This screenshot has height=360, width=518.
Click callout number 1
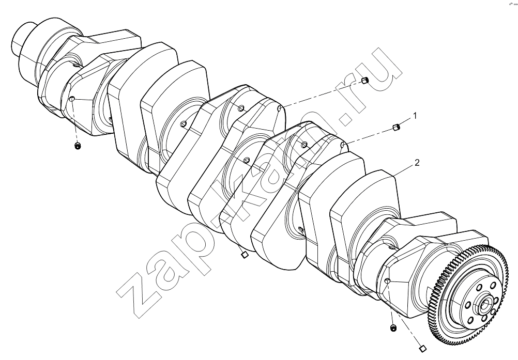click(x=415, y=116)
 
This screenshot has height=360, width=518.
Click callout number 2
click(x=417, y=163)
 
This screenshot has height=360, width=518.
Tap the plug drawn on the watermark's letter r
click(x=364, y=80)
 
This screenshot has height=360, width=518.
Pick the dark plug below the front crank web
click(x=78, y=146)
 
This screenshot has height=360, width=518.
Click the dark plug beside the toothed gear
click(x=393, y=328)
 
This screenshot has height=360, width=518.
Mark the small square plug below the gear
click(x=422, y=348)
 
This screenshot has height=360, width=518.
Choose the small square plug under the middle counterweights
click(x=244, y=255)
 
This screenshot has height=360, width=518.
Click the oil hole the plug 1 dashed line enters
click(x=343, y=145)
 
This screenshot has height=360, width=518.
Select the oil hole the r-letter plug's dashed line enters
click(x=280, y=108)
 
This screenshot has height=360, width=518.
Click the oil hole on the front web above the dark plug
click(x=71, y=98)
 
